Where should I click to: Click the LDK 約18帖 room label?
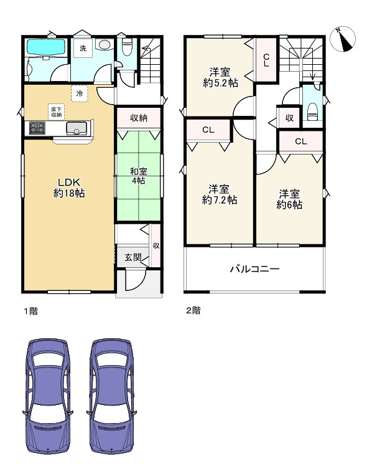69,188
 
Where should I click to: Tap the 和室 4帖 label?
139,176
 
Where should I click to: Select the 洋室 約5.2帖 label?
220,78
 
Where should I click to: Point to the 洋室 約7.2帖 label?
220,194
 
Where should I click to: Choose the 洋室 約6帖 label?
289,199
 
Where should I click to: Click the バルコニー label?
255,269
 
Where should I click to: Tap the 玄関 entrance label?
133,257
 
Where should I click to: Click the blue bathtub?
46,47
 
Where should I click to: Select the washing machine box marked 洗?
83,48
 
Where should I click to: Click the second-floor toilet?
312,111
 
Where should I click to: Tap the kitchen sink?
77,128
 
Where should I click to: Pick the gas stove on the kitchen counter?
37,128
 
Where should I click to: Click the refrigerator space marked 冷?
80,93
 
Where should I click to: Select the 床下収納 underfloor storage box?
57,112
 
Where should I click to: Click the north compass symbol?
343,39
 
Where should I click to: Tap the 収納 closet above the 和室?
139,118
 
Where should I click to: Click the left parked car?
47,397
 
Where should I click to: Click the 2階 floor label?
193,310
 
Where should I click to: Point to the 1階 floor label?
31,311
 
